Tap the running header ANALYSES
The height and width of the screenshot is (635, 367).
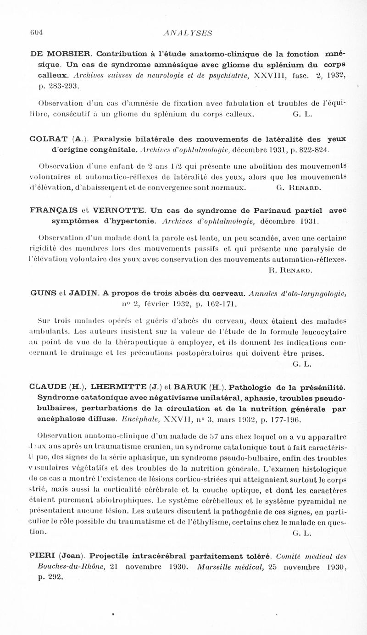point(183,33)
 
